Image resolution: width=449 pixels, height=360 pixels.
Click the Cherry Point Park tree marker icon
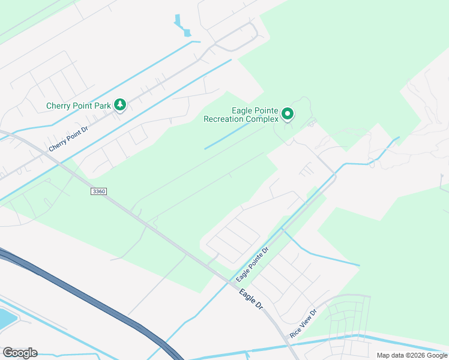[120, 106]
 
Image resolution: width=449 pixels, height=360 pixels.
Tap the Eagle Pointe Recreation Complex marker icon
[288, 113]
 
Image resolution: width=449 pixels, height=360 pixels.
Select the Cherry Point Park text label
[79, 106]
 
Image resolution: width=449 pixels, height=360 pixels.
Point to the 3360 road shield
[99, 191]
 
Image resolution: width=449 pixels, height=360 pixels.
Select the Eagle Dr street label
[252, 299]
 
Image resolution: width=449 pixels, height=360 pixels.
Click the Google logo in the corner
[20, 353]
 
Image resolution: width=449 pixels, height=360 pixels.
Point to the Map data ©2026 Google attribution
[411, 355]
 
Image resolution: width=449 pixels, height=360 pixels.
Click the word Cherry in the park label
[59, 106]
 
